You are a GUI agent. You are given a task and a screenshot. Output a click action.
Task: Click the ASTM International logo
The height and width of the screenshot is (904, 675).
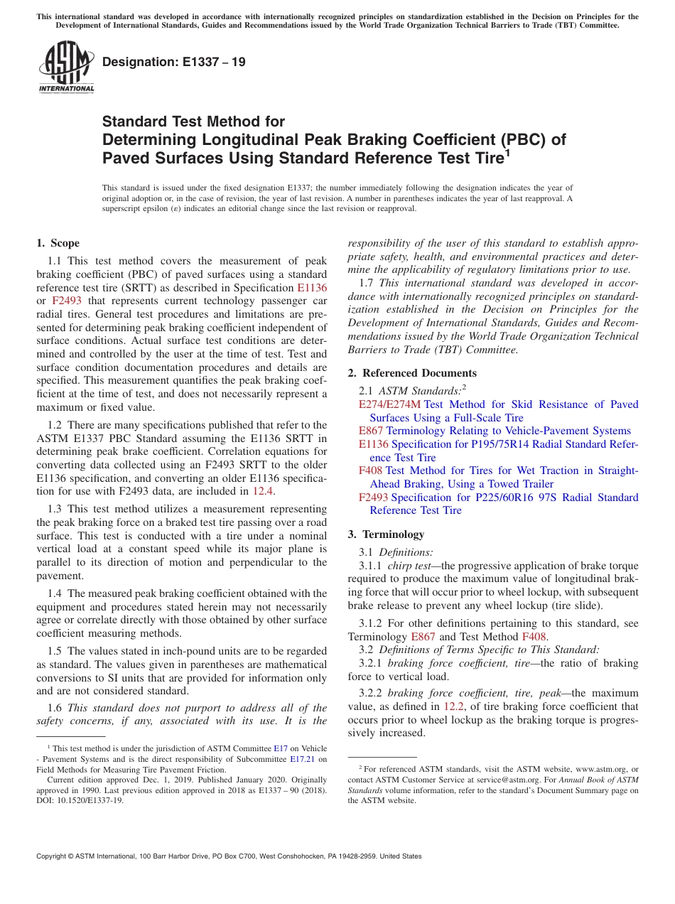click(x=65, y=68)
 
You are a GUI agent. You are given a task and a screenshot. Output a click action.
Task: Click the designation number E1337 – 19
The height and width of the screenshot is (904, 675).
click(x=174, y=62)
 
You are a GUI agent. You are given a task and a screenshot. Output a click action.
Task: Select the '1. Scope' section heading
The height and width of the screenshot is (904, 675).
click(x=58, y=243)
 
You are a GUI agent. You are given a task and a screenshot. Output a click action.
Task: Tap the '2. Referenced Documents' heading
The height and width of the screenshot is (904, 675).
click(x=412, y=373)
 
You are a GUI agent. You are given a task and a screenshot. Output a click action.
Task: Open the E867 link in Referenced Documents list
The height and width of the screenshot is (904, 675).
click(x=371, y=431)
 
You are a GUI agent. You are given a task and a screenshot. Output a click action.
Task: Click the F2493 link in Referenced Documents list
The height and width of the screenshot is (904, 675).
click(x=373, y=497)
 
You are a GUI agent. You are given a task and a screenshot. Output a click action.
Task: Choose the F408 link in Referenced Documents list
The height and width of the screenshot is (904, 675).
click(x=370, y=470)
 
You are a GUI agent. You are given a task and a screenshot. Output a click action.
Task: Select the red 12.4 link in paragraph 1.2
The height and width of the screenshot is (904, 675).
click(x=262, y=491)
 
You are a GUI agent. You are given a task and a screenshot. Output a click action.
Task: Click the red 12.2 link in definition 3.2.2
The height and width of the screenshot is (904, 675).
click(x=453, y=706)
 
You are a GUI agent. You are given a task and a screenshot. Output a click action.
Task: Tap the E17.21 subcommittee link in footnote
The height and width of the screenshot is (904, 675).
click(x=301, y=759)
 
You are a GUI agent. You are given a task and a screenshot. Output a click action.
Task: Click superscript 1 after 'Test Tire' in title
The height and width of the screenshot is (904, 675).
click(x=507, y=152)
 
